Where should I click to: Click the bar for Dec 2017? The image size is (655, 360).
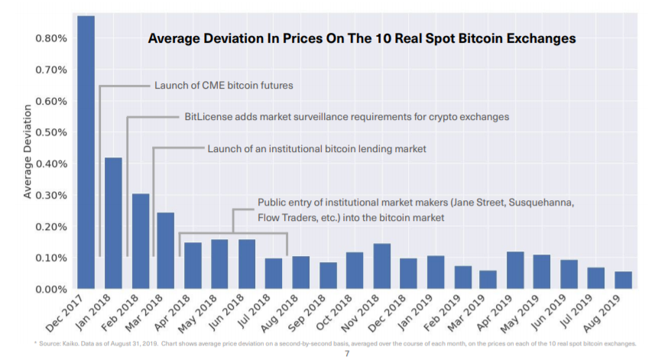86,153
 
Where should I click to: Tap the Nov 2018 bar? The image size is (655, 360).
381,266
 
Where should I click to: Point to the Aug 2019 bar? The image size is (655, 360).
623,280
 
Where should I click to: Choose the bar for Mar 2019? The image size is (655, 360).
488,280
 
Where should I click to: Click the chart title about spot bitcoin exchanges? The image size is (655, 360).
362,37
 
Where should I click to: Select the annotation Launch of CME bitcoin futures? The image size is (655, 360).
223,86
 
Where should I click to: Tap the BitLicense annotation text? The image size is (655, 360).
346,117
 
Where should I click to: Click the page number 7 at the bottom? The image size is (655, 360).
346,354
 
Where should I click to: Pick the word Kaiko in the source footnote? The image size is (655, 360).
62,343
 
